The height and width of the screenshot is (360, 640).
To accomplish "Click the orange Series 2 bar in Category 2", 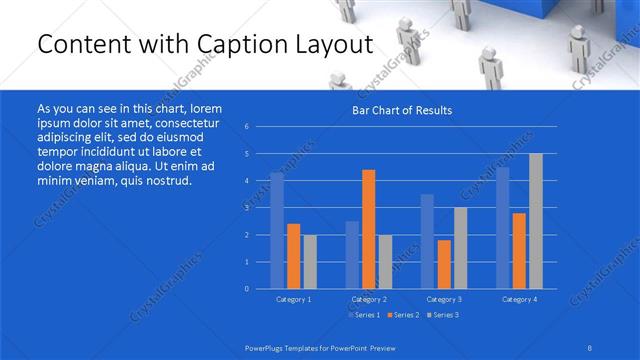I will (368, 229).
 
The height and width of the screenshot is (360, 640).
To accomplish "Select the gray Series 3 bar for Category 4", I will (536, 221).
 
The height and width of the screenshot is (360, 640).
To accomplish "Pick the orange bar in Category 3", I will (444, 264).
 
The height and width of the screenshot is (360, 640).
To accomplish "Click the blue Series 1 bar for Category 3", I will (427, 241).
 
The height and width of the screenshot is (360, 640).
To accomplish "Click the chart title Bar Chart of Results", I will (402, 110).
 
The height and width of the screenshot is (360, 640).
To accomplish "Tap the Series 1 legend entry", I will (365, 315).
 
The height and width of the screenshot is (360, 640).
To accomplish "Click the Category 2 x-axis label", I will (369, 299).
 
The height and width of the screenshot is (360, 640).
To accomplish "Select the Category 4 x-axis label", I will (519, 299).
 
